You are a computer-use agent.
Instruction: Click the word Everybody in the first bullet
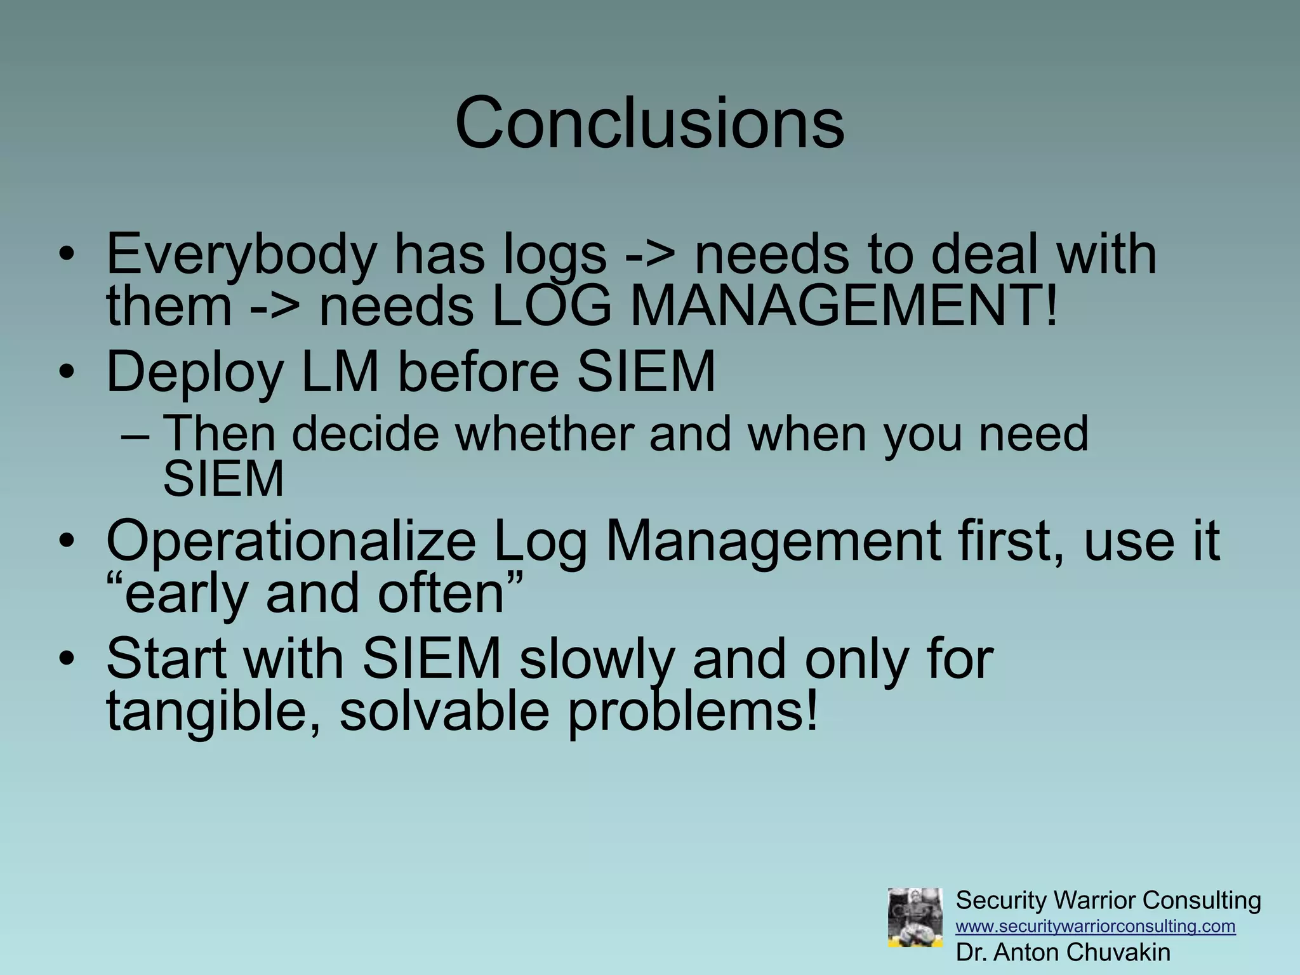tap(241, 254)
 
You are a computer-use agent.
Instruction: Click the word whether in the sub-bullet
tap(544, 434)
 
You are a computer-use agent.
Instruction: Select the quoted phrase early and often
tap(314, 594)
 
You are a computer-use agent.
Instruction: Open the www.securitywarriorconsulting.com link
tap(1095, 926)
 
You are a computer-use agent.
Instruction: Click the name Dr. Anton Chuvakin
tap(1063, 952)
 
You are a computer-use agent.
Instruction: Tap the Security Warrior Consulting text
tap(1108, 900)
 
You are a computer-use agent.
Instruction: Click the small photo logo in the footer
tap(915, 918)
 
